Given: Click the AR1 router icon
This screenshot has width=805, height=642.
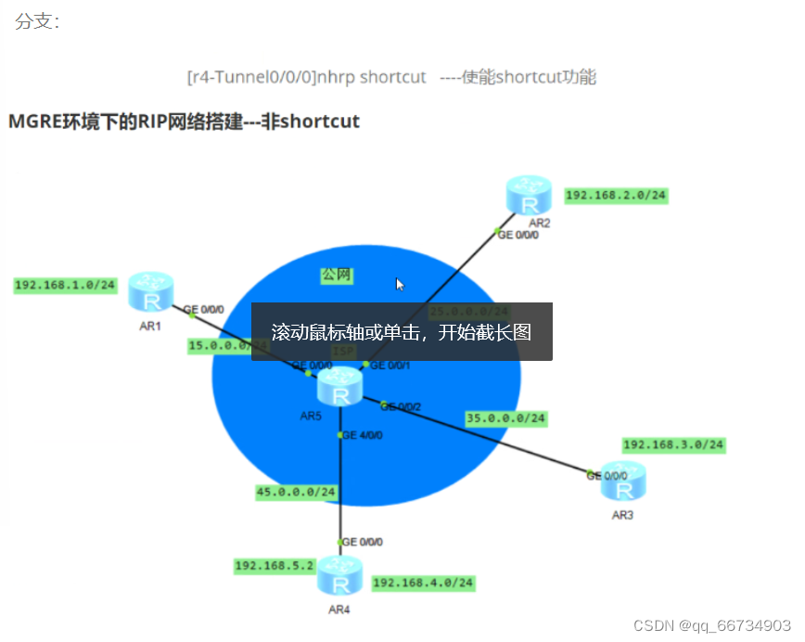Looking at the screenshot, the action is [151, 293].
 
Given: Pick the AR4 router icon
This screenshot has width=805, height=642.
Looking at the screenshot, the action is [339, 579].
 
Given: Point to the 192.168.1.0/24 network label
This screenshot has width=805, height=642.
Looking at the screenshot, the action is [65, 285].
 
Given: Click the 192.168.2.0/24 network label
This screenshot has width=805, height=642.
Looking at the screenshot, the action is [617, 195].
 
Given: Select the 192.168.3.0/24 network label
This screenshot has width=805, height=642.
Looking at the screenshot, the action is [673, 444].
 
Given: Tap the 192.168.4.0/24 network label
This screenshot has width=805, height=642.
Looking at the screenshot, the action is [423, 583].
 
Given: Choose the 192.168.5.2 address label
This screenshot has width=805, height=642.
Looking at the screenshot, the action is [276, 565].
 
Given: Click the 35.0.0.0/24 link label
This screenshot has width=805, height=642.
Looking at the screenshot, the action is [506, 418].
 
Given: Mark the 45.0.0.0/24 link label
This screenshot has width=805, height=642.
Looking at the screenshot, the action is [297, 493].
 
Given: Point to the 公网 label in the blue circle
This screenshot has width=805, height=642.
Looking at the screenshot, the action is [337, 276].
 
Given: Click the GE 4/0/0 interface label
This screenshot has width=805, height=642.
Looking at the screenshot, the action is [363, 434].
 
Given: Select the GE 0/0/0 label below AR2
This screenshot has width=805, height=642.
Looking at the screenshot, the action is [518, 235].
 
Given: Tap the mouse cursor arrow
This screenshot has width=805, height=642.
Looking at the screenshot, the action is [400, 284].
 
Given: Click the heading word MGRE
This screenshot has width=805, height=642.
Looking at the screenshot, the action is [33, 122].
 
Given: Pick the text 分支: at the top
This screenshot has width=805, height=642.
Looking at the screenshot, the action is [37, 21].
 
